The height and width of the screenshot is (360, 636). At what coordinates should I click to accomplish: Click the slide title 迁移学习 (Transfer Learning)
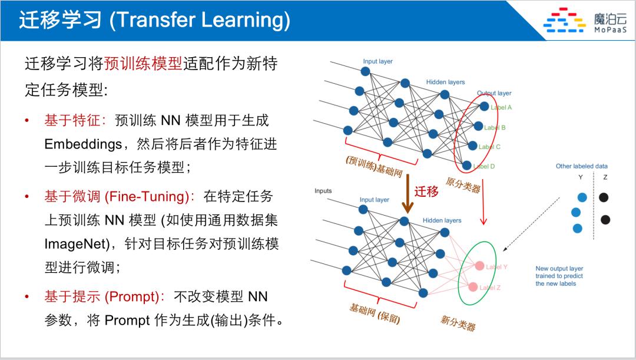pos(154,20)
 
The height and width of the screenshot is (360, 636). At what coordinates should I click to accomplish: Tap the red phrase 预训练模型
pos(143,63)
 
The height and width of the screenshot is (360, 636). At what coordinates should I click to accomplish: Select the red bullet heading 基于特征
pos(74,120)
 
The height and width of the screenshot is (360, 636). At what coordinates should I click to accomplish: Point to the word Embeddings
pos(82,144)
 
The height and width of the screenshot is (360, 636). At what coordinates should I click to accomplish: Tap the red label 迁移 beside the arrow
pos(426,191)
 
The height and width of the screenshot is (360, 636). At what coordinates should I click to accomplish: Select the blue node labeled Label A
pos(484,107)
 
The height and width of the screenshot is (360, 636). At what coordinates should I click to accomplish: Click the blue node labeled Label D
pos(467,166)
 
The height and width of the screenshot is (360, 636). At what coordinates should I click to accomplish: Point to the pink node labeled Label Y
pos(479,266)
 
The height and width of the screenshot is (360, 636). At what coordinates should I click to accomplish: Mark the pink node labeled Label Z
pos(473,287)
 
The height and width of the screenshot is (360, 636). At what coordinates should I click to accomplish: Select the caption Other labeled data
pos(581,166)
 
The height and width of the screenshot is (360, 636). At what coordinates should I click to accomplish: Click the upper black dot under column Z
pos(604,197)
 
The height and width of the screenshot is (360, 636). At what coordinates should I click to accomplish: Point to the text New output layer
pos(559,269)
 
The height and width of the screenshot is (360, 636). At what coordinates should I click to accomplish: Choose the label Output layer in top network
pos(494,93)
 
